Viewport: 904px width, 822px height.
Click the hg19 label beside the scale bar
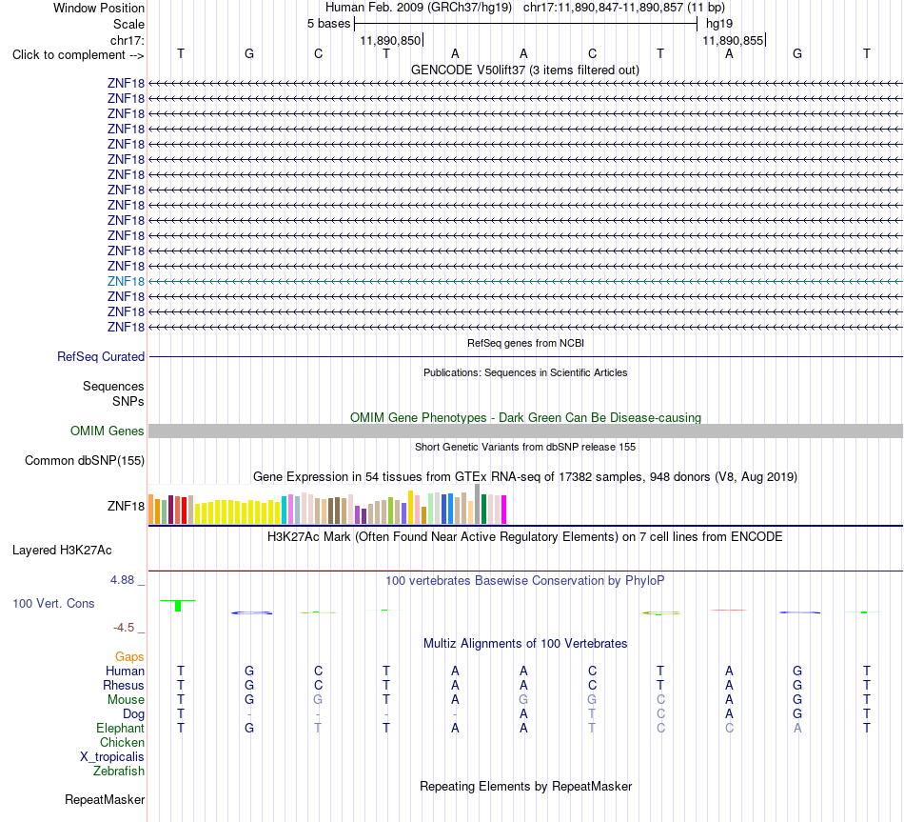click(719, 24)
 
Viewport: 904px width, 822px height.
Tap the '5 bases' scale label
click(328, 24)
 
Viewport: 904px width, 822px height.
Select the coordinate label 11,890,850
click(390, 40)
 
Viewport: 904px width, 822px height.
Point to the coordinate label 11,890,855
click(733, 40)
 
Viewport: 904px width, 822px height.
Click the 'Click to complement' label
click(78, 55)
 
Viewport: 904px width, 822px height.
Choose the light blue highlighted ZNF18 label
click(126, 281)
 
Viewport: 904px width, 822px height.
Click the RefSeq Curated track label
click(101, 357)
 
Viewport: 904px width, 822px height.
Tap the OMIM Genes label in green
click(108, 431)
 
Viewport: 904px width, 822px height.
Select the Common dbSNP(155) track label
click(85, 461)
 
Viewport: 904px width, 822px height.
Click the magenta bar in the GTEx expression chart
click(503, 510)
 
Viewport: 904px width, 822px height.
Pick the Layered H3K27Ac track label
click(62, 551)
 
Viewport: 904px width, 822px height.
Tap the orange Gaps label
click(129, 656)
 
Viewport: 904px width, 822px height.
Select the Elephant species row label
click(120, 728)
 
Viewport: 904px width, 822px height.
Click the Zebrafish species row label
click(119, 771)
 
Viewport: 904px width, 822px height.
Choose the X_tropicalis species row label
click(112, 757)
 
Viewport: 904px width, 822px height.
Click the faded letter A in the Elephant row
click(797, 728)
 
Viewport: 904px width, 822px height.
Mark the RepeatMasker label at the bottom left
click(105, 799)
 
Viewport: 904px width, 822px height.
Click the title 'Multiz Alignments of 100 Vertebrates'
click(525, 643)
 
